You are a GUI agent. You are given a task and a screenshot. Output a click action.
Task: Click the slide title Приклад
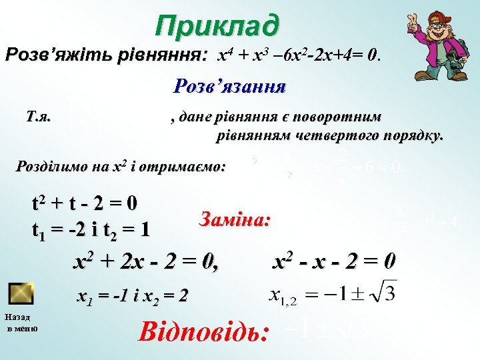[x=217, y=26]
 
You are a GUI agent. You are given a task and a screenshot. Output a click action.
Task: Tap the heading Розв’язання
[x=229, y=87]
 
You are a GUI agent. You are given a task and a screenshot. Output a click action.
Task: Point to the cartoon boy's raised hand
[x=416, y=25]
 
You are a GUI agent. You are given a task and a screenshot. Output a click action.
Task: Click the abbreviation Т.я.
[x=38, y=118]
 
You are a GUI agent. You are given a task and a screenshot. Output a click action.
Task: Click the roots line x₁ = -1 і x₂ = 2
[x=133, y=295]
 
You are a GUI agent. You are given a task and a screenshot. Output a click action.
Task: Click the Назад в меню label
[x=21, y=323]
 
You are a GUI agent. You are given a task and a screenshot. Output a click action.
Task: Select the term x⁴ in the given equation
[x=224, y=55]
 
